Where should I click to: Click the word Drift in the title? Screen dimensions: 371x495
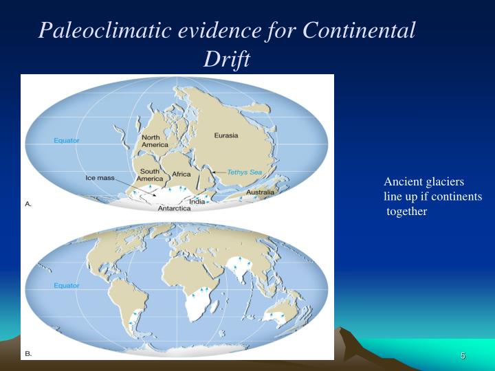pyautogui.click(x=226, y=60)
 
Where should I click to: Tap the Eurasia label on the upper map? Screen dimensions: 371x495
pyautogui.click(x=226, y=135)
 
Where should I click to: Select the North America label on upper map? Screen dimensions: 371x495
pyautogui.click(x=155, y=141)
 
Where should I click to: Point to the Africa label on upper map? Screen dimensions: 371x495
pyautogui.click(x=181, y=175)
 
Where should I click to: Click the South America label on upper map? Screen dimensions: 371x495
pyautogui.click(x=150, y=175)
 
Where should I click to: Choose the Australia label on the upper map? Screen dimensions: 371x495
pyautogui.click(x=261, y=192)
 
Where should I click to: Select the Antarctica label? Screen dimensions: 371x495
pyautogui.click(x=175, y=208)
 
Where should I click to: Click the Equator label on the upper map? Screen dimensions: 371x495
pyautogui.click(x=67, y=141)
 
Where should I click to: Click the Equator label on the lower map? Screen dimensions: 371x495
pyautogui.click(x=67, y=285)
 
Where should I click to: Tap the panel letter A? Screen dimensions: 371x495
pyautogui.click(x=28, y=204)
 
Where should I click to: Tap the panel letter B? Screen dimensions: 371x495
pyautogui.click(x=28, y=354)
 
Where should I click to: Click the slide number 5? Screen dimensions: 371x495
pyautogui.click(x=463, y=355)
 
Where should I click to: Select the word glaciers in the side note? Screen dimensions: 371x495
pyautogui.click(x=446, y=182)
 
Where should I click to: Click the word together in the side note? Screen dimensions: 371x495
pyautogui.click(x=407, y=212)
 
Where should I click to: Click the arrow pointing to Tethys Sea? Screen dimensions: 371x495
pyautogui.click(x=218, y=172)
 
